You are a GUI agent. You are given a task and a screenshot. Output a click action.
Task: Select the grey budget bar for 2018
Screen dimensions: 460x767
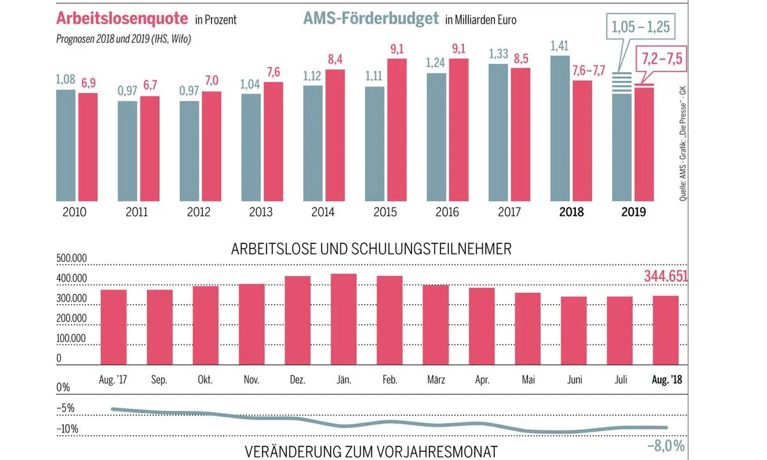pos(561,127)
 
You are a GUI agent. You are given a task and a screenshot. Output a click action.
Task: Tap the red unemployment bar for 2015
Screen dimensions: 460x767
pos(398,128)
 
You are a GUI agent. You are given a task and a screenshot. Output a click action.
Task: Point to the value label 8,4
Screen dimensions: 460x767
pos(336,60)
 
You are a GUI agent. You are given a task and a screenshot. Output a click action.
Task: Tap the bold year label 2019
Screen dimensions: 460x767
pos(634,212)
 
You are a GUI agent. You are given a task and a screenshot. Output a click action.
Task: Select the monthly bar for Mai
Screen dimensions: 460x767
pos(527,329)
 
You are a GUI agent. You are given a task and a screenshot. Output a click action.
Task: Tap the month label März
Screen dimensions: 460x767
pos(436,379)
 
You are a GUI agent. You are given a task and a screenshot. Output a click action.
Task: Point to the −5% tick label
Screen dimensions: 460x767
pos(66,408)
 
